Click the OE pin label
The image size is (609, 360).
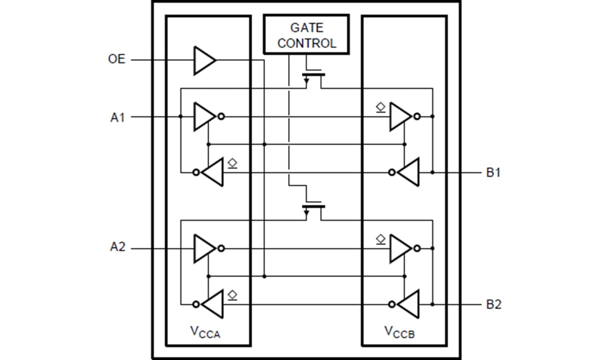(x=117, y=59)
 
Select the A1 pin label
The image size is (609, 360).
(x=117, y=117)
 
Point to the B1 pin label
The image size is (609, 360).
(x=493, y=173)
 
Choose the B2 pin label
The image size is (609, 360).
(x=493, y=305)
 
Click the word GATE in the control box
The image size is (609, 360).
(x=306, y=27)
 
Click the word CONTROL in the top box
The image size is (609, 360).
(x=306, y=43)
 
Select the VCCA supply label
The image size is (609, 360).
(x=206, y=332)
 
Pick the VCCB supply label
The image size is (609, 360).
(x=402, y=332)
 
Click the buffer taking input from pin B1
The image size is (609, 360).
(x=409, y=173)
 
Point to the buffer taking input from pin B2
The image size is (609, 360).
(x=409, y=305)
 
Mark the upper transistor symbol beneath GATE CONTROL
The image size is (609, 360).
(x=313, y=77)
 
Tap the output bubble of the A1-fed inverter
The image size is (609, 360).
(x=221, y=117)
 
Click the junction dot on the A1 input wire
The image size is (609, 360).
(x=180, y=117)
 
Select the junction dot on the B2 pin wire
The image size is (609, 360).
(x=433, y=304)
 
